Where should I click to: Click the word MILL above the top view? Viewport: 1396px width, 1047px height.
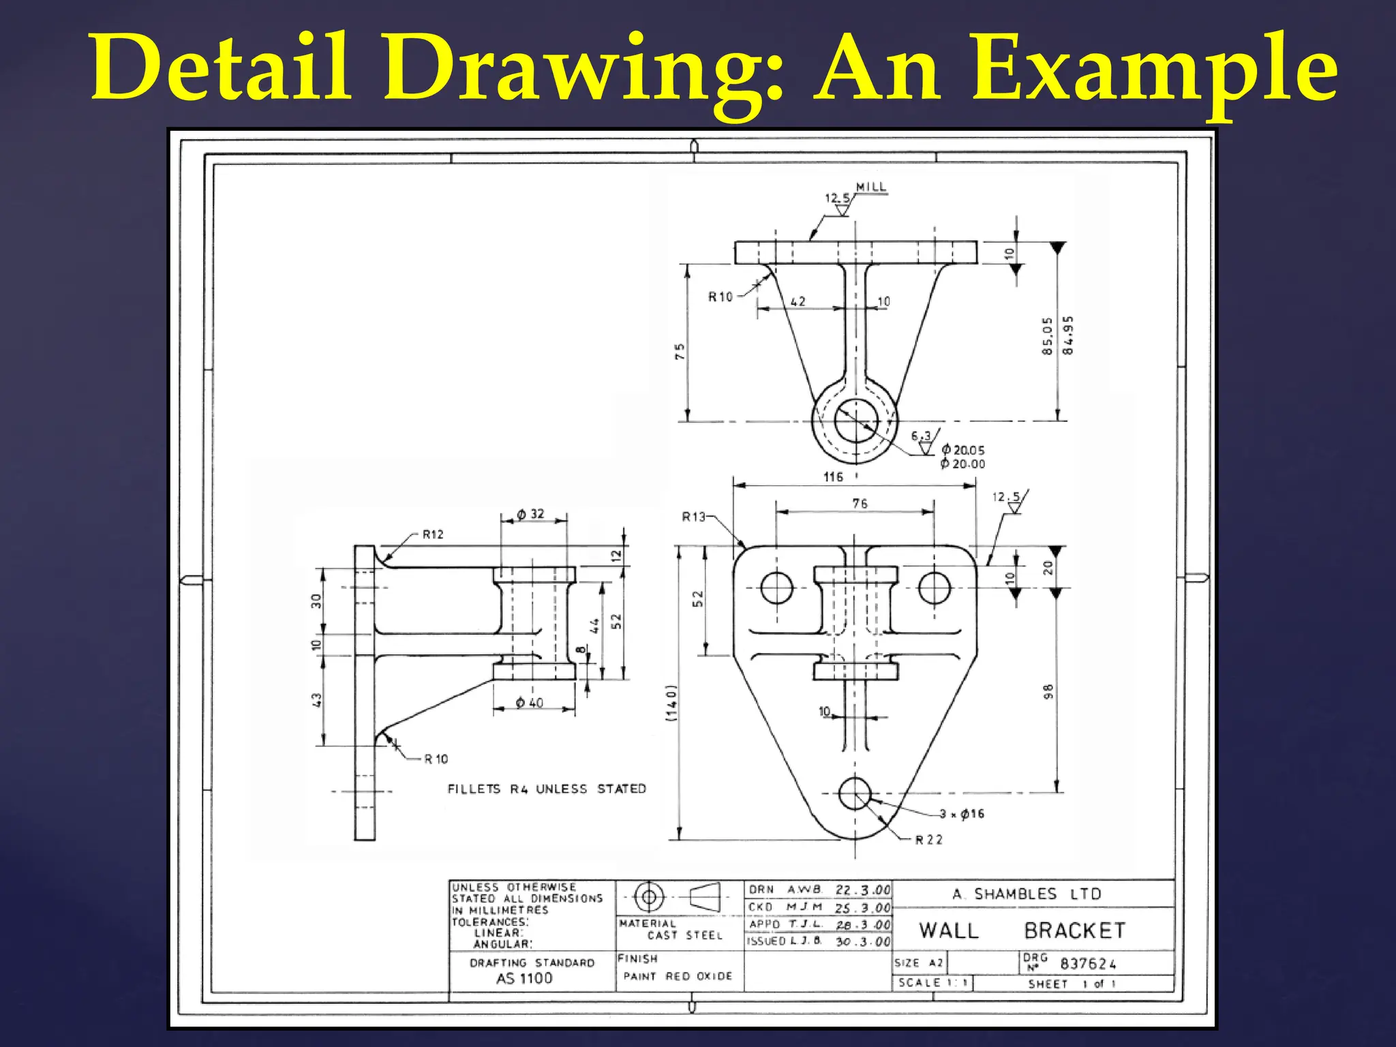(871, 187)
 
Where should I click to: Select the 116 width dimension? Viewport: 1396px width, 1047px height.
(833, 477)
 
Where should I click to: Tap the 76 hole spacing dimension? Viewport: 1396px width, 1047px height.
(860, 503)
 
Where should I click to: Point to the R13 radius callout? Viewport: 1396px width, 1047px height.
(694, 517)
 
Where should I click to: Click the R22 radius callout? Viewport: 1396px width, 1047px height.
(928, 840)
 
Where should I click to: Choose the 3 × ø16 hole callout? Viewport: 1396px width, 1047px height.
(962, 814)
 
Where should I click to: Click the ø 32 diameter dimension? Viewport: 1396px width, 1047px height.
(530, 514)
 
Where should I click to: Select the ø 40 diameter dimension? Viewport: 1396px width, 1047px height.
(530, 703)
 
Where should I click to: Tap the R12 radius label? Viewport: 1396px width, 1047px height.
(433, 534)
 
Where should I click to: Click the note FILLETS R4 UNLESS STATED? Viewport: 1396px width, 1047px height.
(547, 789)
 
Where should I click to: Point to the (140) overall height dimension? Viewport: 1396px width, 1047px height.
(672, 702)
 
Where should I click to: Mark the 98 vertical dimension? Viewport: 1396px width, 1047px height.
(1048, 691)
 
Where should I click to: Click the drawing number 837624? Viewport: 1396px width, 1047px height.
(1088, 964)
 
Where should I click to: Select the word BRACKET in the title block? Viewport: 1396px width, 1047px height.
(1074, 930)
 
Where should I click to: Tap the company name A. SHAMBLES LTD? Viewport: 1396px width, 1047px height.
(1027, 894)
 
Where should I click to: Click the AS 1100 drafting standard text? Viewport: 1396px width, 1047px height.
(524, 979)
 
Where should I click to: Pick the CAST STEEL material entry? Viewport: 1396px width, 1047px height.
(684, 935)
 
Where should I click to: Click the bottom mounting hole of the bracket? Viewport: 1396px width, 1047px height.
(855, 793)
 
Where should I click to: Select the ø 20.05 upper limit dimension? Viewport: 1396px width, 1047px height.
(963, 450)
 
